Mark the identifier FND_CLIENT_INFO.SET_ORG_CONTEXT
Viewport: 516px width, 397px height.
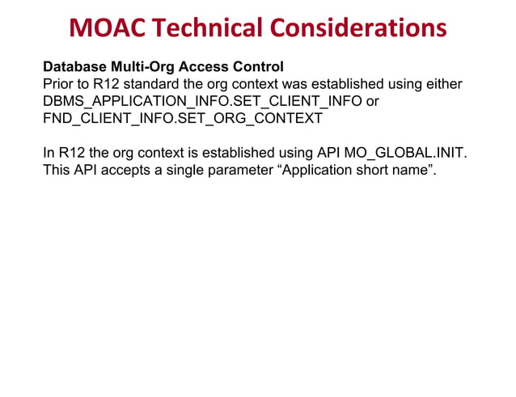coord(183,119)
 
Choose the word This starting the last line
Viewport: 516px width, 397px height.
coord(57,171)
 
